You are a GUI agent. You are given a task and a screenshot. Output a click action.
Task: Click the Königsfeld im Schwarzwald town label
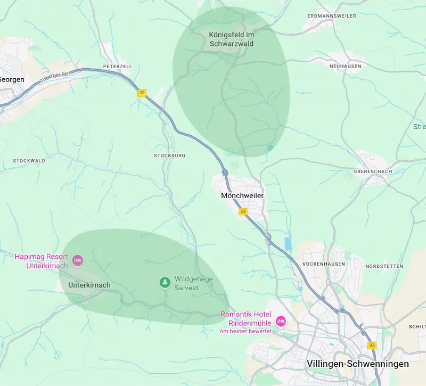[x=231, y=39]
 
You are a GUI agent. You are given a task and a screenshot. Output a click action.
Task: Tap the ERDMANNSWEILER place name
[x=332, y=16]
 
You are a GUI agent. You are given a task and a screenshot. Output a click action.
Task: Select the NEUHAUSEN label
[x=345, y=66]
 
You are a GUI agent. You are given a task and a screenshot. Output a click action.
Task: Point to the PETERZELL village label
[x=117, y=67]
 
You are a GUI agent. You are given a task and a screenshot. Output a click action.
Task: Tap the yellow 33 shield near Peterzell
[x=141, y=93]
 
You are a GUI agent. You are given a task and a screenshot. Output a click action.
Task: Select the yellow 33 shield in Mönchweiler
[x=243, y=211]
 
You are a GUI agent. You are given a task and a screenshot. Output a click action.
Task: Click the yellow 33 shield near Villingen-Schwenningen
[x=372, y=346]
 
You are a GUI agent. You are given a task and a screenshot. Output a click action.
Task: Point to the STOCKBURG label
[x=169, y=155]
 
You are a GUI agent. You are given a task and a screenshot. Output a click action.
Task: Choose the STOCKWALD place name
[x=29, y=160]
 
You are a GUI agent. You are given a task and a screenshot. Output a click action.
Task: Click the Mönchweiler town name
[x=242, y=196]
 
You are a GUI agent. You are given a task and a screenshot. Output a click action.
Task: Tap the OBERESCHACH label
[x=373, y=172]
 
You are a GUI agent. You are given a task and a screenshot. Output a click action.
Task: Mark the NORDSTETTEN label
[x=384, y=266]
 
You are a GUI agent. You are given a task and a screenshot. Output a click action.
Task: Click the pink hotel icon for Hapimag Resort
[x=78, y=260]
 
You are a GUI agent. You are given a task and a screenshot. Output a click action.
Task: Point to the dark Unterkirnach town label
[x=89, y=285]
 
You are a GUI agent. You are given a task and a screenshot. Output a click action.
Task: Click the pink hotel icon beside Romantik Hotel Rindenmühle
[x=281, y=321]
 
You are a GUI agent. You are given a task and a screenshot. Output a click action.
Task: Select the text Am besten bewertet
[x=245, y=331]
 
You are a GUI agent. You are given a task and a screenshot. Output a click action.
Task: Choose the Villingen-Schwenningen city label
[x=358, y=364]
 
